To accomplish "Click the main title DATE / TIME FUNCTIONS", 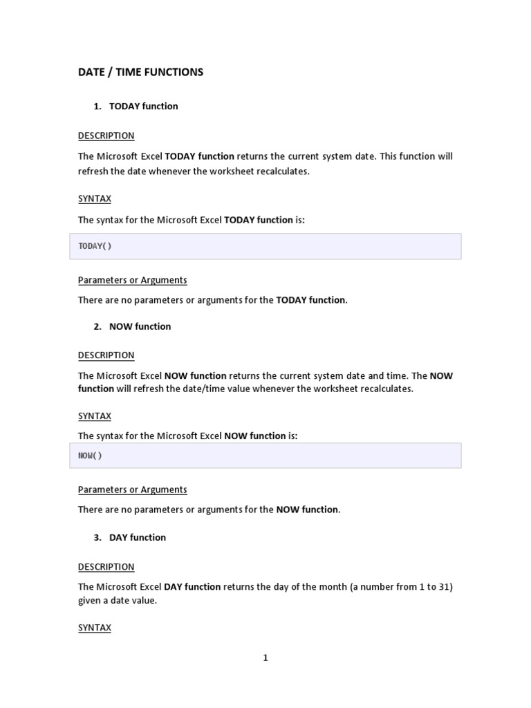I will [140, 72].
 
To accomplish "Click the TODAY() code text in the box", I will [95, 246].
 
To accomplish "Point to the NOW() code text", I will [90, 456].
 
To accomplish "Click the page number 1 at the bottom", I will [265, 658].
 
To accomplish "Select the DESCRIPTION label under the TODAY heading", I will [106, 136].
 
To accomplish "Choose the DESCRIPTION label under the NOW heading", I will [106, 355].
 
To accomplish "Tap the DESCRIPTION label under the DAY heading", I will [106, 567].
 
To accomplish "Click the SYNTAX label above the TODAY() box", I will [95, 198].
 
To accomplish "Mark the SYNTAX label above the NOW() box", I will [95, 416].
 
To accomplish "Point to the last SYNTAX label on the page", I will [95, 628].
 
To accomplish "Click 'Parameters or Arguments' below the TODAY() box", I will [132, 280].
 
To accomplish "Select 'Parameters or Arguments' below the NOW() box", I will [132, 490].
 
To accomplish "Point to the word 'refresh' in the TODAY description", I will [95, 171].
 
